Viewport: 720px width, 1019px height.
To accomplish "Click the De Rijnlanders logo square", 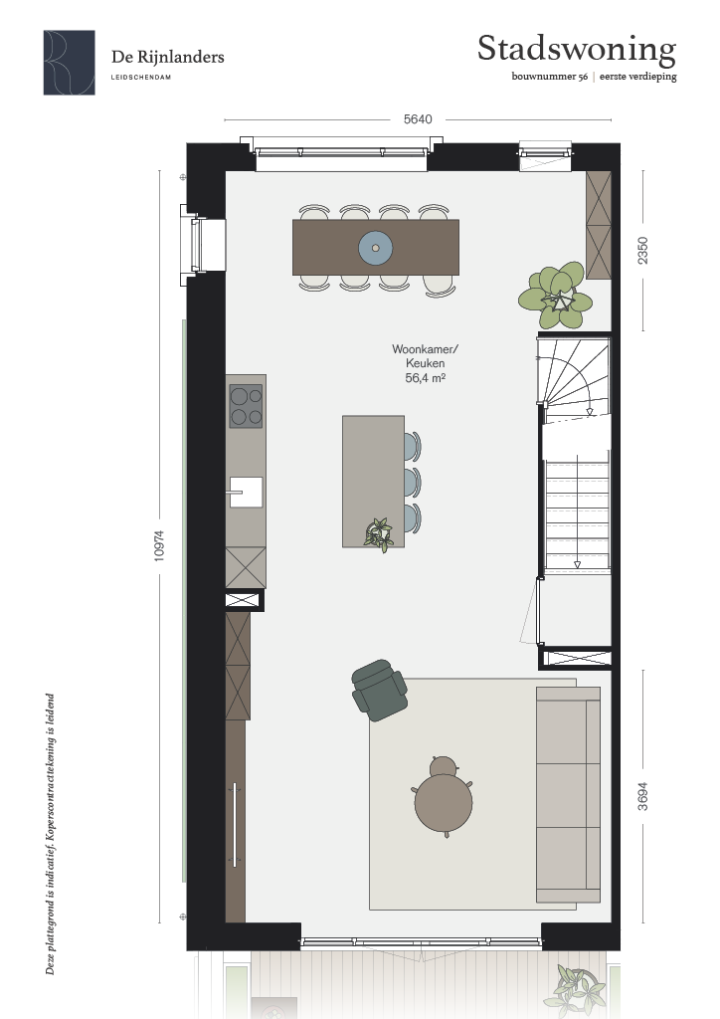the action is (70, 63).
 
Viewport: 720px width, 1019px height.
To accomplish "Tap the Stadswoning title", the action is (577, 50).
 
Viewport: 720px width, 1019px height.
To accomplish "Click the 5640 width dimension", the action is (418, 119).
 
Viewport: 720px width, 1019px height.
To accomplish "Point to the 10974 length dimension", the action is (160, 546).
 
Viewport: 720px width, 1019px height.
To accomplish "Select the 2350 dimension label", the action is (642, 250).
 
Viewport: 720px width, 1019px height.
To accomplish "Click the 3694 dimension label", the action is (642, 796).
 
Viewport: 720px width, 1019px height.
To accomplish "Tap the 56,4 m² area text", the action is (426, 378).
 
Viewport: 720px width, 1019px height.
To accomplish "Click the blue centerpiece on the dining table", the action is (375, 248).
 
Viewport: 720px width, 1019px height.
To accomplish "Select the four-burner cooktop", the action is (246, 406).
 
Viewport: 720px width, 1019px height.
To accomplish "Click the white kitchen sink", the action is (246, 492).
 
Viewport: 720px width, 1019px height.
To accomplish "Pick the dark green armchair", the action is (379, 691).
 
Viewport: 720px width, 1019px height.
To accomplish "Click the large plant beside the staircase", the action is (556, 296).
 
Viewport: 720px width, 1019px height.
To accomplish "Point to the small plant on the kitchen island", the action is (379, 534).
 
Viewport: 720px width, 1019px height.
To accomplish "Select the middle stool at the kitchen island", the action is (413, 483).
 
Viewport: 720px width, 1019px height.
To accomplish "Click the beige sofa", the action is (568, 795).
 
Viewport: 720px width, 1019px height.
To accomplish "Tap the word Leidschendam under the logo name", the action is (141, 78).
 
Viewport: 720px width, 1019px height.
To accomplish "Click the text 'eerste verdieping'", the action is (638, 77).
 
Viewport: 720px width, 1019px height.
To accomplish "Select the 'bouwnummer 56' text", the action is (550, 77).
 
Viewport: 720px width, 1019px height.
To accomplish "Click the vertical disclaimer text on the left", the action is (51, 835).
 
